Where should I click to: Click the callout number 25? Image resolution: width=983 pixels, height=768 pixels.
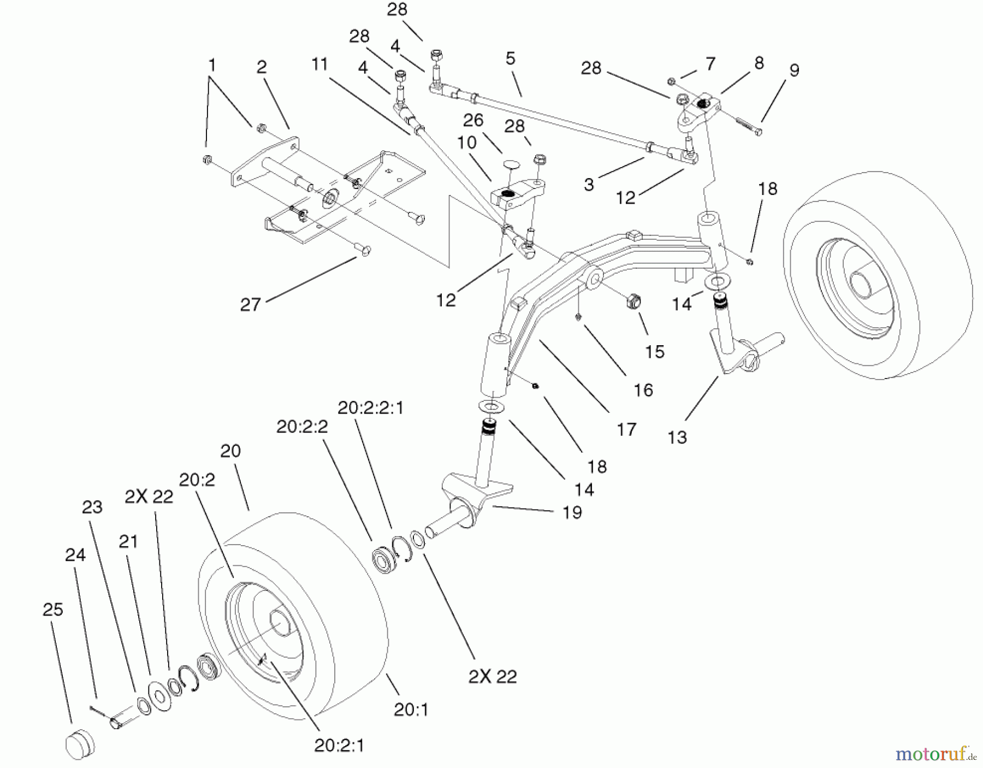pyautogui.click(x=53, y=610)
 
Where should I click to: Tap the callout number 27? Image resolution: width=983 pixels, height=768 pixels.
pyautogui.click(x=250, y=305)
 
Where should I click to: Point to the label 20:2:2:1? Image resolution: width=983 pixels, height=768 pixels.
pyautogui.click(x=370, y=408)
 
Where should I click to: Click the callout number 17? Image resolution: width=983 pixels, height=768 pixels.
pyautogui.click(x=626, y=429)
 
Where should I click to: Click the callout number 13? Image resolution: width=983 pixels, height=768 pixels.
pyautogui.click(x=677, y=437)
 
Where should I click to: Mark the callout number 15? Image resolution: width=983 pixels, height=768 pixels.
pyautogui.click(x=654, y=352)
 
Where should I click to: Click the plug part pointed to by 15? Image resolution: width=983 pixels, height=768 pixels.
pyautogui.click(x=632, y=302)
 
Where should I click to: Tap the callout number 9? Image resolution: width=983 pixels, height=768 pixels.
pyautogui.click(x=794, y=70)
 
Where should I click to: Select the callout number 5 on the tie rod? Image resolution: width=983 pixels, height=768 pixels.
pyautogui.click(x=510, y=58)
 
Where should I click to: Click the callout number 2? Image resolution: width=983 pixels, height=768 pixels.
pyautogui.click(x=262, y=67)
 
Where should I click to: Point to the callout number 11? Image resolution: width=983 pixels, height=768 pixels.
pyautogui.click(x=319, y=64)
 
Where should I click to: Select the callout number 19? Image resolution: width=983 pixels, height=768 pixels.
pyautogui.click(x=572, y=512)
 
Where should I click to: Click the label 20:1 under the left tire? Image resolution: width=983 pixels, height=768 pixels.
pyautogui.click(x=411, y=710)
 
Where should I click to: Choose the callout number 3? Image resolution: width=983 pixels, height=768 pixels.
pyautogui.click(x=588, y=185)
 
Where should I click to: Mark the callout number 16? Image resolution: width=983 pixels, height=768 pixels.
pyautogui.click(x=643, y=389)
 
